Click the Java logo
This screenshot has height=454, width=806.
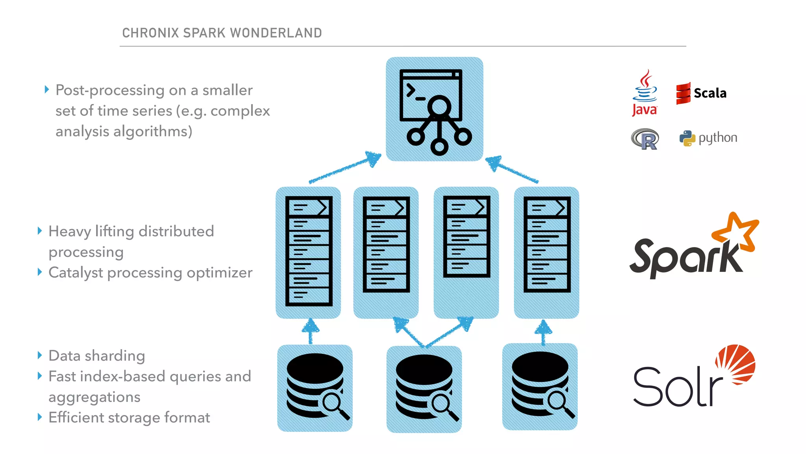(x=644, y=93)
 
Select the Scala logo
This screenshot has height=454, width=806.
(x=701, y=93)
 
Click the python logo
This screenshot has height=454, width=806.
(x=708, y=138)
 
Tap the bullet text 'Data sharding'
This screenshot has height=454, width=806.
(x=96, y=355)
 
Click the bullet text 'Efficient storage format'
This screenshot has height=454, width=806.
(x=129, y=417)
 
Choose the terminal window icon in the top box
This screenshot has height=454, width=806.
(x=431, y=95)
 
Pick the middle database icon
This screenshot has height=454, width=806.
(x=424, y=387)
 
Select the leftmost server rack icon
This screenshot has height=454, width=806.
(x=309, y=251)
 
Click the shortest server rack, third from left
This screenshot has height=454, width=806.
(x=466, y=236)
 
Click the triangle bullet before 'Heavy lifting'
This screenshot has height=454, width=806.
(x=39, y=231)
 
